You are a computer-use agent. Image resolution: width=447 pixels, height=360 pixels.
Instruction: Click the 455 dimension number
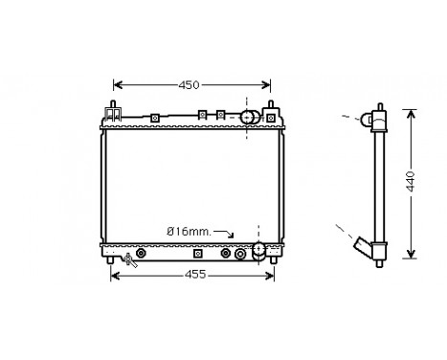pos(194,277)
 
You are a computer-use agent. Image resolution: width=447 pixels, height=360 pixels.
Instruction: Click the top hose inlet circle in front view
pos(248,117)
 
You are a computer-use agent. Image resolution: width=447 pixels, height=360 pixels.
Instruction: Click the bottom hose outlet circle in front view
pos(257,251)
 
